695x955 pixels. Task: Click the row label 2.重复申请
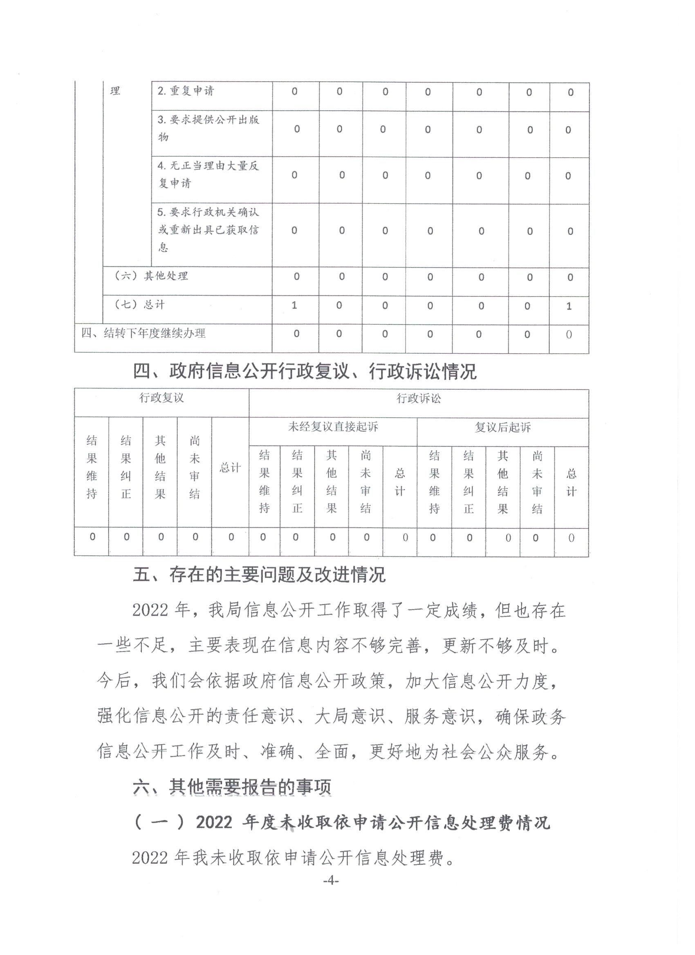[x=186, y=91]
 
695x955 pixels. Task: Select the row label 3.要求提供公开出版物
[x=208, y=128]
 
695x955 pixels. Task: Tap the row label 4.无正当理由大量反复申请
[x=208, y=174]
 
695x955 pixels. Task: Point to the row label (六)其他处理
[x=151, y=276]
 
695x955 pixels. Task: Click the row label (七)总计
[x=139, y=304]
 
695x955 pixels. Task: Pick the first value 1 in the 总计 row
[x=295, y=305]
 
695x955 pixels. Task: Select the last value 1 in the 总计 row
[x=569, y=306]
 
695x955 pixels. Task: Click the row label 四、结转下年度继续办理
[x=143, y=333]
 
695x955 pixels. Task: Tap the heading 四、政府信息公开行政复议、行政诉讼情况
[x=305, y=372]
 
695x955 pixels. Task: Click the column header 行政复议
[x=161, y=398]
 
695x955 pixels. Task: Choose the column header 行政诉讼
[x=419, y=399]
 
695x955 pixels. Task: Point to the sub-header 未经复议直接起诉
[x=333, y=427]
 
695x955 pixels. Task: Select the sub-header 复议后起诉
[x=503, y=428]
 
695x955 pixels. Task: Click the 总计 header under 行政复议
[x=230, y=468]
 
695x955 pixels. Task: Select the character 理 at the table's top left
[x=115, y=91]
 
